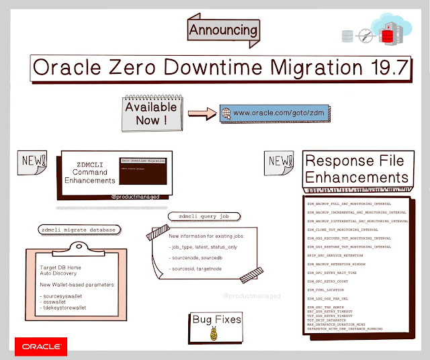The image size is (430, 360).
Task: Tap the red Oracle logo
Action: [40, 348]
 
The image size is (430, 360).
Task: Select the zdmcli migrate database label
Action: [77, 230]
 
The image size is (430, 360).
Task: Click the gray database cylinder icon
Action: [347, 35]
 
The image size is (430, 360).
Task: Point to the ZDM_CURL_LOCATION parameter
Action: [329, 289]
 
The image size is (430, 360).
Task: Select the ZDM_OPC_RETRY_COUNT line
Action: [331, 281]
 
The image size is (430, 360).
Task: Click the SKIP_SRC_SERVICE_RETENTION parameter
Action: [344, 256]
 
